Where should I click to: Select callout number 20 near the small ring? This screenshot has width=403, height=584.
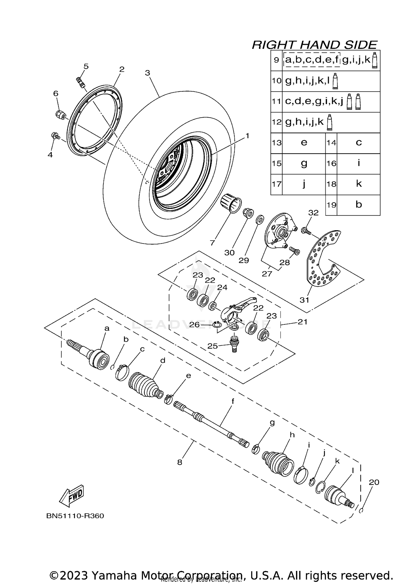pos(373,482)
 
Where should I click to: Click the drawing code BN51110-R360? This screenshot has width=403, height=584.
pos(75,516)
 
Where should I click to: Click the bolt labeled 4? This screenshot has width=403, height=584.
pos(55,136)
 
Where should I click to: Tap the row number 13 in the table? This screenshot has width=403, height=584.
pos(276,143)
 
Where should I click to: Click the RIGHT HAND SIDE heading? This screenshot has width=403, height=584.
pos(314,45)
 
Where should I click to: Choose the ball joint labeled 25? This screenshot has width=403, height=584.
pos(234,344)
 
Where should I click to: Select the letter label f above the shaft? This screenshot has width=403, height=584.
pos(233,401)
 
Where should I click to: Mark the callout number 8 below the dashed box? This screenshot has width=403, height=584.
pos(180,462)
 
